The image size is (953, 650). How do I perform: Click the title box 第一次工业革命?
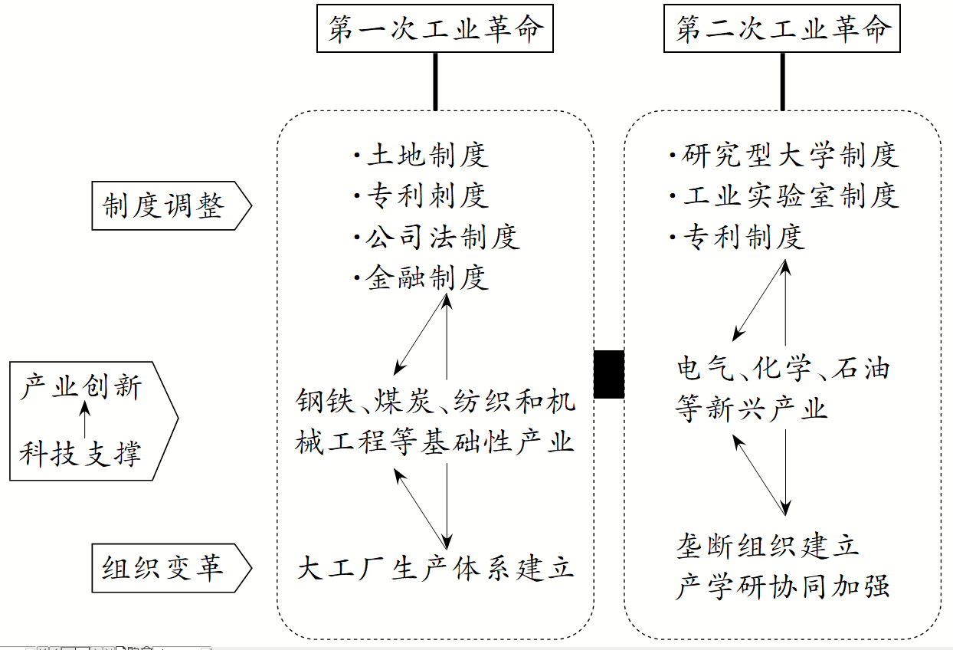click(435, 29)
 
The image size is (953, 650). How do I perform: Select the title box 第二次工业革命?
click(782, 29)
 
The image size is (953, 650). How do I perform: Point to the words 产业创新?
click(82, 386)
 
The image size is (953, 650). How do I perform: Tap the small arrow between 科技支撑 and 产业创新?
click(84, 419)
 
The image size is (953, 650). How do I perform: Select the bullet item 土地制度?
click(427, 156)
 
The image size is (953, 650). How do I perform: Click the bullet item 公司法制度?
click(442, 237)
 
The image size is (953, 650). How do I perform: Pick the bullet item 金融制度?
click(427, 277)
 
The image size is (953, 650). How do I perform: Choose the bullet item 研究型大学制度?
click(789, 156)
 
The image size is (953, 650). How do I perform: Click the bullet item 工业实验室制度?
click(789, 196)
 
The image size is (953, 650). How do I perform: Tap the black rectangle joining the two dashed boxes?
click(609, 374)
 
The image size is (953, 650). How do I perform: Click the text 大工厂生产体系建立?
click(435, 569)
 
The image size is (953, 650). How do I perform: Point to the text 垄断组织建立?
click(767, 547)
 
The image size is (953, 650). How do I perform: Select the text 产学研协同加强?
click(782, 587)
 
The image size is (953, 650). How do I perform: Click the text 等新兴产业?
click(752, 407)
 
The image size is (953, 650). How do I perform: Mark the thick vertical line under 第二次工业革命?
click(782, 81)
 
